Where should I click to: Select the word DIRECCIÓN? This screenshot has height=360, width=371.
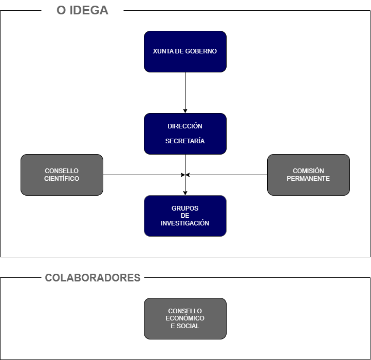tap(185, 126)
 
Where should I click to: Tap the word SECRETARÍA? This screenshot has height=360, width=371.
tap(185, 141)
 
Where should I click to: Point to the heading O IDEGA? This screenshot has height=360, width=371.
tap(82, 10)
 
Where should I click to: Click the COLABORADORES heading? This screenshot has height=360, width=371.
tap(92, 278)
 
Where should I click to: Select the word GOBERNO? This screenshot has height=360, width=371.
tap(201, 51)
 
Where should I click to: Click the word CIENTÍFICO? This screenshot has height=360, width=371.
tap(62, 179)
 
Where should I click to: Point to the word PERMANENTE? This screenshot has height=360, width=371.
tap(308, 179)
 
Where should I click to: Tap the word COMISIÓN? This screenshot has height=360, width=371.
tap(308, 171)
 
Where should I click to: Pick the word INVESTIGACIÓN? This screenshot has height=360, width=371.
tap(185, 223)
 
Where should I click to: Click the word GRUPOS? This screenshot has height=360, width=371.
tap(185, 209)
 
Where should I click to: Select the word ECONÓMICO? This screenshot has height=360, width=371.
tap(185, 318)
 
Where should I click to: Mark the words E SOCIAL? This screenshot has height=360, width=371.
tap(185, 326)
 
